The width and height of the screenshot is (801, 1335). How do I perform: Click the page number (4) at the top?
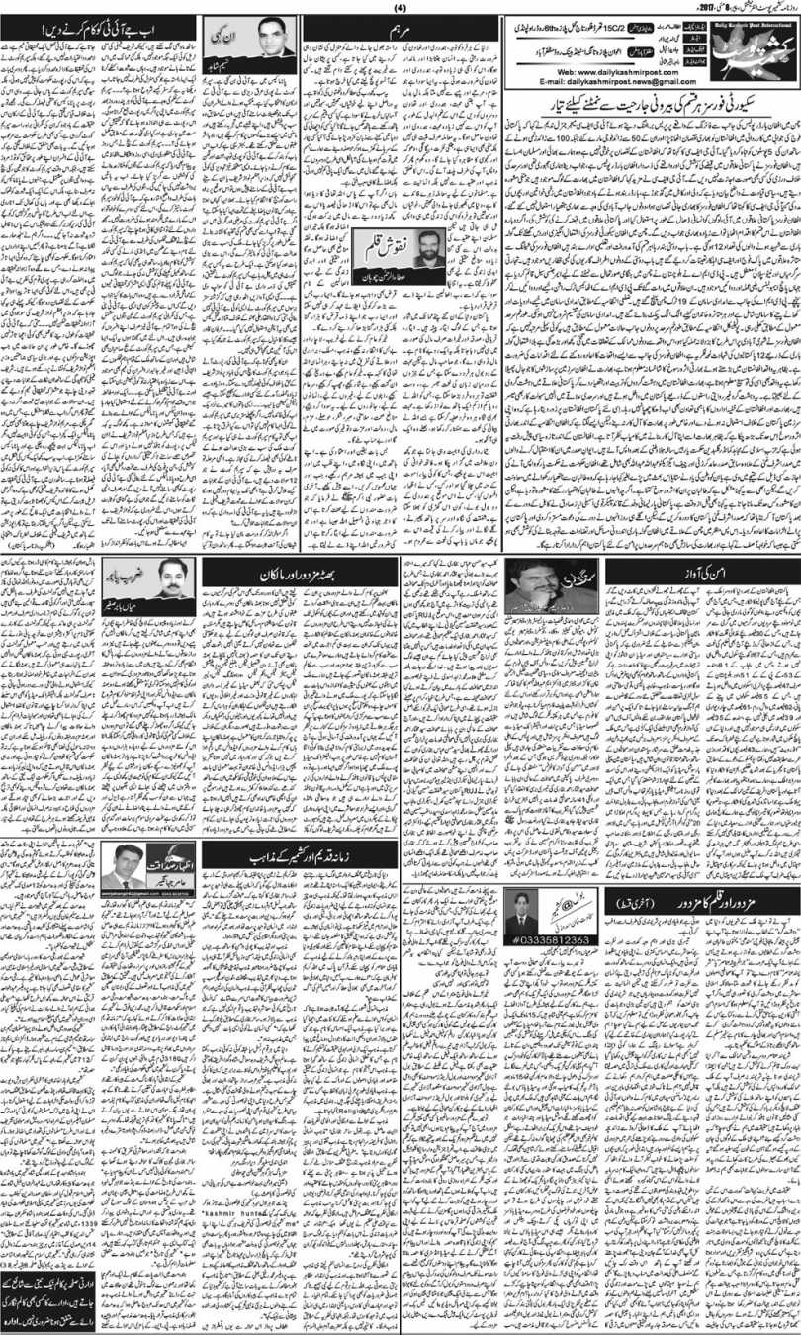click(400, 9)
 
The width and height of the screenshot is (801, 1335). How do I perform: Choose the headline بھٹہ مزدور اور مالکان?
click(299, 573)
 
